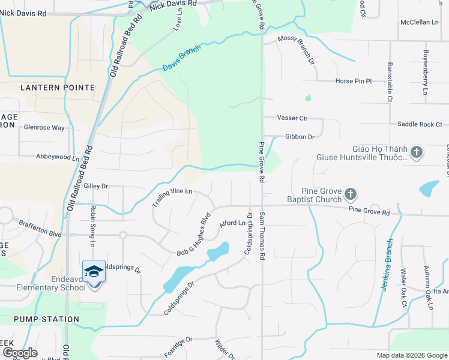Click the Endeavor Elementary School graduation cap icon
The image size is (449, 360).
[94, 271]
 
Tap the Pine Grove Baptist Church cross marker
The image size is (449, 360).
[351, 194]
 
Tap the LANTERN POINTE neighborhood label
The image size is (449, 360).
[58, 88]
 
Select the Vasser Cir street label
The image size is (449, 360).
[294, 118]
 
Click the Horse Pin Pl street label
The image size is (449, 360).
[354, 81]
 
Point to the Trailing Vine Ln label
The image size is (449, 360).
[172, 198]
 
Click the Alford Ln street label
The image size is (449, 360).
[233, 223]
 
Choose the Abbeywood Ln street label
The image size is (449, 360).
[58, 158]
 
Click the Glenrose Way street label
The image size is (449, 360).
[44, 128]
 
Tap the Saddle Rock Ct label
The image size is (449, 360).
[419, 124]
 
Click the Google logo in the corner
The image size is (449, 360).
[20, 353]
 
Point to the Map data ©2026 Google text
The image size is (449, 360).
[412, 355]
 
